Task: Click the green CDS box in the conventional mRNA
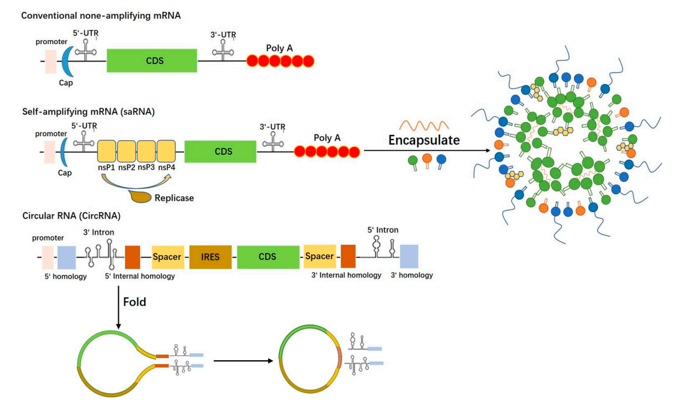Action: click(152, 60)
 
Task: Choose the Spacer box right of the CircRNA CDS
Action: click(320, 257)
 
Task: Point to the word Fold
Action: click(135, 302)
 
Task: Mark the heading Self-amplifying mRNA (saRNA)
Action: click(81, 112)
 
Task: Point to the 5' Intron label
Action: click(383, 230)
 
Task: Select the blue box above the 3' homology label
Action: click(409, 257)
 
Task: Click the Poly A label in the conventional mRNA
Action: click(279, 48)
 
